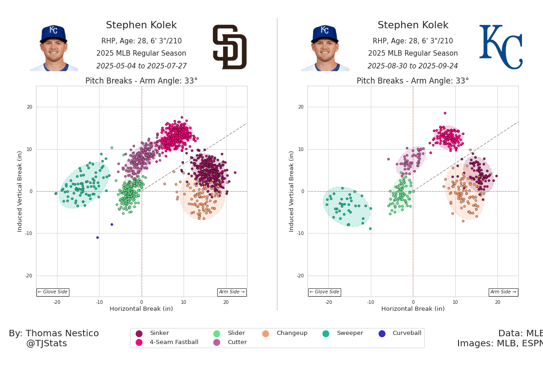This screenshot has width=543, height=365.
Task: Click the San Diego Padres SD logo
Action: pos(229,47)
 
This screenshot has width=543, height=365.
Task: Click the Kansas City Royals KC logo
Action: pos(501,47)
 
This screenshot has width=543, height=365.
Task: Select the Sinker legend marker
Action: pos(139,334)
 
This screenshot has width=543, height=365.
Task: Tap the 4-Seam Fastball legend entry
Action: pos(174,342)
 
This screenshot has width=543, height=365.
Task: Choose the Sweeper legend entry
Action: pos(349,334)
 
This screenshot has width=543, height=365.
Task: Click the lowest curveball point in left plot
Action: pos(97,237)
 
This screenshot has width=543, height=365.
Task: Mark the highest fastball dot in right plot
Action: pos(445,113)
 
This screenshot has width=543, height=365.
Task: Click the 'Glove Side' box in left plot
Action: pos(53,292)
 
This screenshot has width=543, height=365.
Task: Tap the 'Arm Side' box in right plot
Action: pos(503,292)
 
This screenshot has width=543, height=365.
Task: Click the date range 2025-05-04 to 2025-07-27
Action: pos(141,66)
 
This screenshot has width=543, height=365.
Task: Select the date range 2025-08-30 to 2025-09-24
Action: pos(412,66)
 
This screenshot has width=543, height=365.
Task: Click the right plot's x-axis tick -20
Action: pos(328,302)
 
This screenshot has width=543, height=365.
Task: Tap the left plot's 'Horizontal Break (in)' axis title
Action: pos(141,309)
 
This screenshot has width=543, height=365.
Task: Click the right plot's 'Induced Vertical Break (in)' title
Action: pos(291,191)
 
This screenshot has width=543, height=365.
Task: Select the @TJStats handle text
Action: pos(46,344)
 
